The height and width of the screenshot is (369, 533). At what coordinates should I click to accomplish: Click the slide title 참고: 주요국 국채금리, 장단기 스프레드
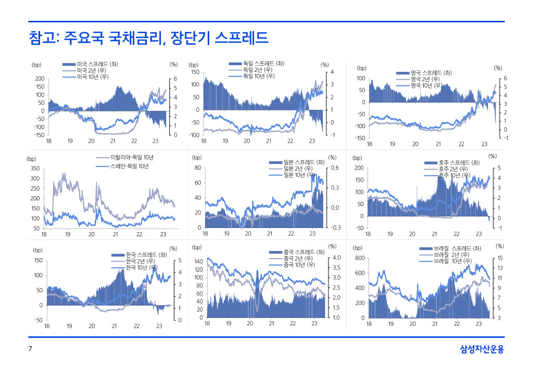(x=148, y=37)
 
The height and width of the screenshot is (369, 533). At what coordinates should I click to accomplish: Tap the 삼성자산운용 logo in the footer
(x=482, y=349)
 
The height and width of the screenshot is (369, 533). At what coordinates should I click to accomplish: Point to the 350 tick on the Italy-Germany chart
(x=35, y=168)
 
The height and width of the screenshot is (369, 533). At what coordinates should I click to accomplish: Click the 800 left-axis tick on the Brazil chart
(x=359, y=258)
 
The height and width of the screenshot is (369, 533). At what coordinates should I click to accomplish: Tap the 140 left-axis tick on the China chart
(x=198, y=261)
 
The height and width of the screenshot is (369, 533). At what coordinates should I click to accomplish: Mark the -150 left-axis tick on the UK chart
(x=358, y=138)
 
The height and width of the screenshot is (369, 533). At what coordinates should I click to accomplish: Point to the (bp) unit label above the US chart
(x=36, y=65)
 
